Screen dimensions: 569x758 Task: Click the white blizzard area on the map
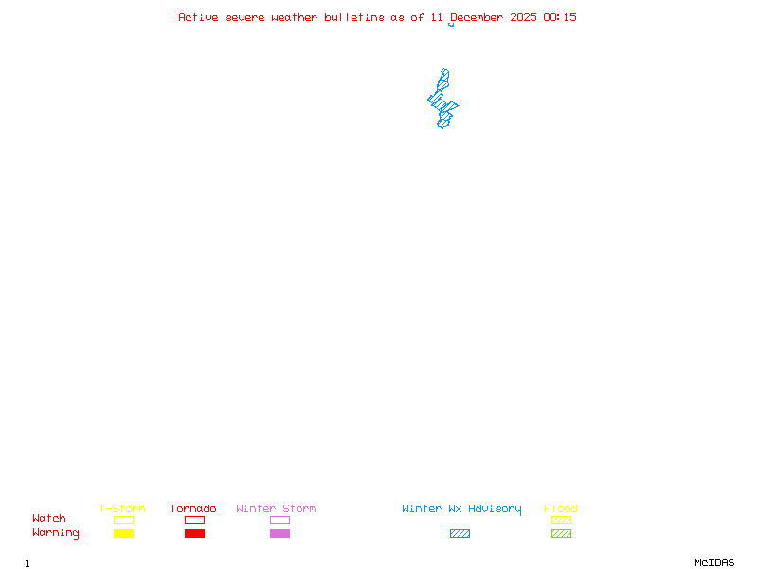(445, 62)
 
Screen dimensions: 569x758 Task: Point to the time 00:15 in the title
(560, 17)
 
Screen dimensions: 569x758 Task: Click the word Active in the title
(198, 17)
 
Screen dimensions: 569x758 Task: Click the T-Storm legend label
(122, 509)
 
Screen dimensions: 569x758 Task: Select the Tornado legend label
(193, 509)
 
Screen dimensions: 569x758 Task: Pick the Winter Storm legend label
(276, 509)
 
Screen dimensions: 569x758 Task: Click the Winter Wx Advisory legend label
(461, 509)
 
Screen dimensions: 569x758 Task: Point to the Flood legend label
(561, 509)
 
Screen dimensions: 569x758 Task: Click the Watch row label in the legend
(49, 519)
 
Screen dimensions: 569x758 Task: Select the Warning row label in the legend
(56, 533)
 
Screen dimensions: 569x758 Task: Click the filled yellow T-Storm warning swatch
(123, 534)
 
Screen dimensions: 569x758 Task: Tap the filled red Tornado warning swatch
(194, 534)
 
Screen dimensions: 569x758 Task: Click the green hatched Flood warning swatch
(561, 534)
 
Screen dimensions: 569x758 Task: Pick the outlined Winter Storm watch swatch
(280, 520)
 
